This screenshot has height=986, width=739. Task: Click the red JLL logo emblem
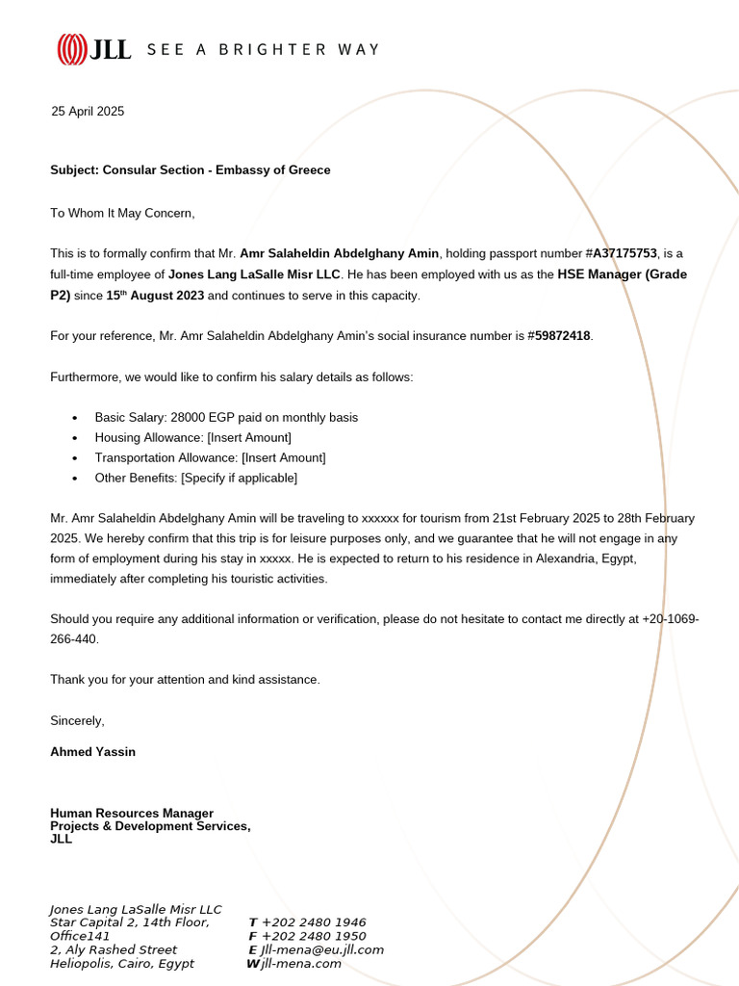[x=72, y=49]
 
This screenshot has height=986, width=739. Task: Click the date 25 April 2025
[x=88, y=112]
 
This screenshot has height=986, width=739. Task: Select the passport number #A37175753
[x=621, y=253]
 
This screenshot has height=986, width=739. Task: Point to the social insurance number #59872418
[x=560, y=336]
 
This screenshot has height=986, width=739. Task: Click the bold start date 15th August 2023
[x=155, y=296]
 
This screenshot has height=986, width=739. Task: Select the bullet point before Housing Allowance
[x=75, y=438]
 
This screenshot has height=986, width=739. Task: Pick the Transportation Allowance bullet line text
[x=210, y=458]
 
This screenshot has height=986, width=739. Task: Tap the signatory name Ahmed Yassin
[x=92, y=752]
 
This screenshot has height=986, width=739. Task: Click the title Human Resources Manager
[x=132, y=814]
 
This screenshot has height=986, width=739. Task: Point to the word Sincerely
[x=77, y=721]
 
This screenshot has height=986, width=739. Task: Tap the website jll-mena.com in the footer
[x=301, y=963]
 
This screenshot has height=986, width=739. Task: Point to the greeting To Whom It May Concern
[x=122, y=213]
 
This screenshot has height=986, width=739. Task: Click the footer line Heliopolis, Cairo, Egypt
[x=121, y=963]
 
